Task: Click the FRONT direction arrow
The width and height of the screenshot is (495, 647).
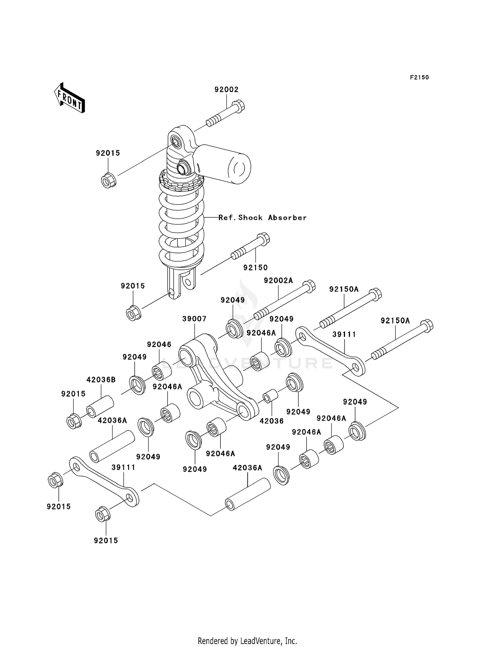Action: pyautogui.click(x=70, y=99)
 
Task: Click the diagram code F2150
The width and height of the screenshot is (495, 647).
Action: pyautogui.click(x=419, y=77)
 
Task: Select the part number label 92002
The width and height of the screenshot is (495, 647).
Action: pyautogui.click(x=226, y=90)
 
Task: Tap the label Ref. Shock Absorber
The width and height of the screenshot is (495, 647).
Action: pyautogui.click(x=263, y=218)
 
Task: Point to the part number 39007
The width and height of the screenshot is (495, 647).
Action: pyautogui.click(x=194, y=319)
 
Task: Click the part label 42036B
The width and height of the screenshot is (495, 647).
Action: pyautogui.click(x=101, y=380)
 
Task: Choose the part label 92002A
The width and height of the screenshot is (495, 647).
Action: pyautogui.click(x=278, y=281)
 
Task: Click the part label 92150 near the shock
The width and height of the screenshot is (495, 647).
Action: pyautogui.click(x=255, y=267)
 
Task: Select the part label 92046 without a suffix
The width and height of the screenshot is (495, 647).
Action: pyautogui.click(x=159, y=344)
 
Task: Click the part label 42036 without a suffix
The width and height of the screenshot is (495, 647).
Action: pyautogui.click(x=272, y=421)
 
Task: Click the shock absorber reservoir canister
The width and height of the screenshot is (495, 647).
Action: pyautogui.click(x=228, y=164)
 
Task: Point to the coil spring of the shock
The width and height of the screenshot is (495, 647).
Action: pyautogui.click(x=181, y=224)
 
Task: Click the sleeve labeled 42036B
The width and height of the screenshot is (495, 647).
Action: pyautogui.click(x=100, y=406)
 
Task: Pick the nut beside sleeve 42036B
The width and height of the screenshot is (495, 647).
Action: pyautogui.click(x=74, y=421)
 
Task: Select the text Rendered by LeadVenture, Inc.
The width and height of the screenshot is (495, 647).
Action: pyautogui.click(x=247, y=641)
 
